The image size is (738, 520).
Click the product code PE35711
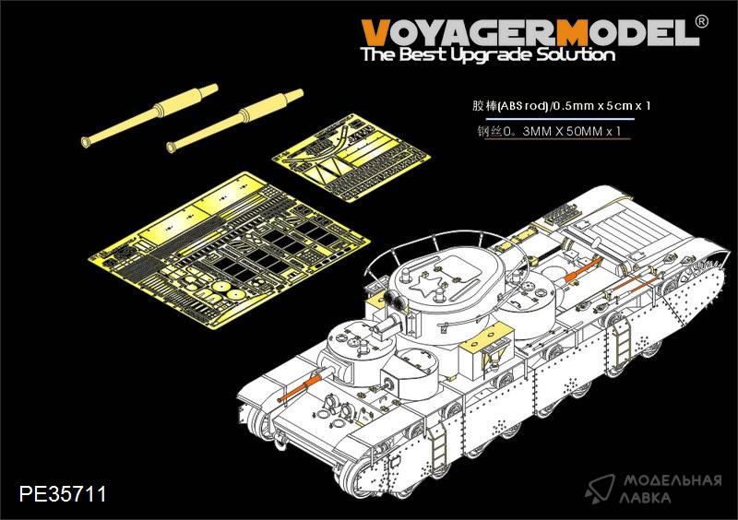63,493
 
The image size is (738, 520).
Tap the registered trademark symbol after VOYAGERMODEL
701,22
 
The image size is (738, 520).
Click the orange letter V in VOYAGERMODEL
378,32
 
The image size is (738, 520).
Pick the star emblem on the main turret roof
426,284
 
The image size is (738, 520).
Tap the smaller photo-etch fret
351,156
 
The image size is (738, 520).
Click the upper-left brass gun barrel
149,115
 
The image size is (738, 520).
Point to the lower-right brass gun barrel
235,121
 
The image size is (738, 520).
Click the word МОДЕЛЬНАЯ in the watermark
673,481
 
